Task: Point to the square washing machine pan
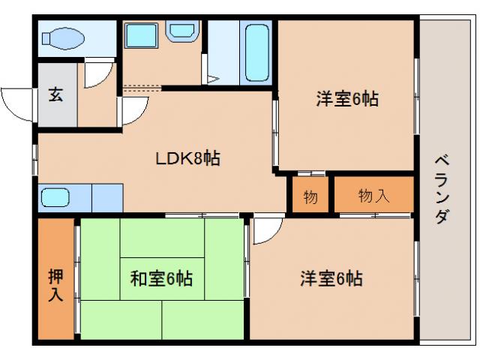[140, 37]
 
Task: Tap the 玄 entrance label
[56, 94]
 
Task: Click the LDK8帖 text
[187, 158]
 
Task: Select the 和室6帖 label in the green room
[161, 279]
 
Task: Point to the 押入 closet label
[55, 284]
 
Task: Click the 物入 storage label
[373, 196]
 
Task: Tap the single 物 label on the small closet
[310, 197]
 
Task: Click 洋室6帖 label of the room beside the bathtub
[346, 98]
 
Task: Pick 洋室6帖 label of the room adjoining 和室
[331, 279]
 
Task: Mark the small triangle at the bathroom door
[213, 78]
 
